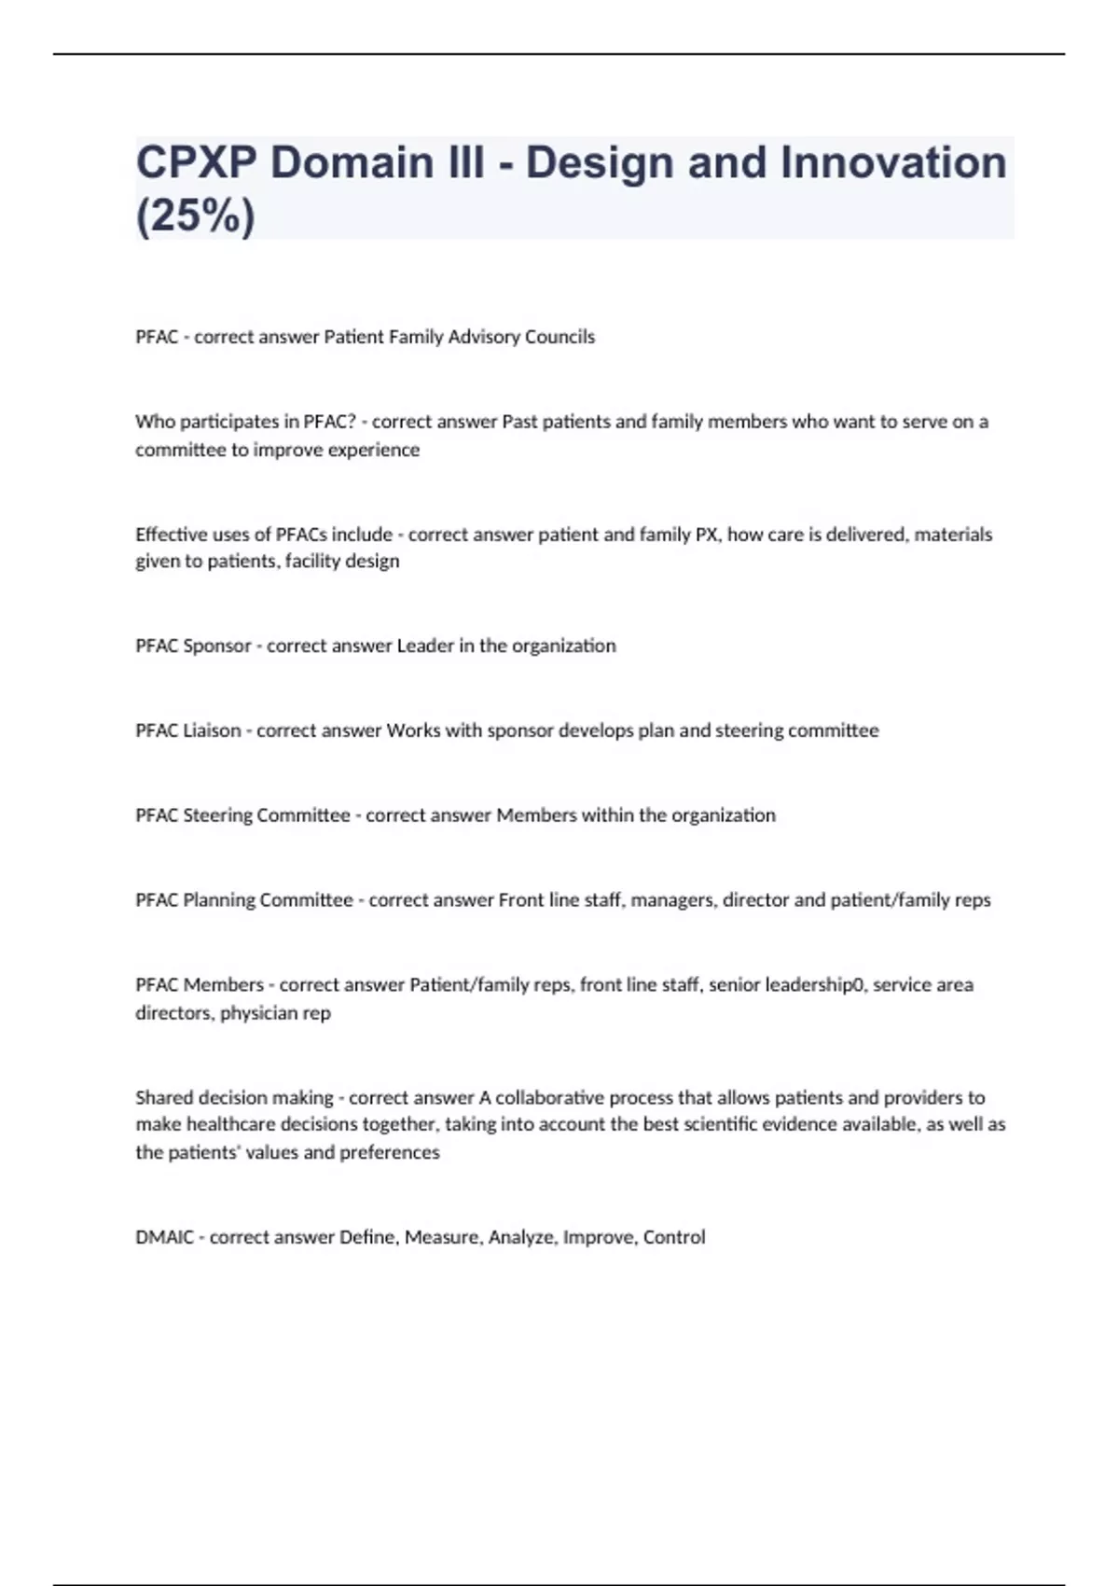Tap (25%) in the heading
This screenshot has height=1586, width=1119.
[195, 216]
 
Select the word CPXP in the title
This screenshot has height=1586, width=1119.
[196, 162]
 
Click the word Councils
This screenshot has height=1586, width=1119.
[559, 337]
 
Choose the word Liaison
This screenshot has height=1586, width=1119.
[212, 730]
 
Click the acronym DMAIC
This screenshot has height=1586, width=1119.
[164, 1237]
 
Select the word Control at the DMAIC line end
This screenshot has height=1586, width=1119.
[674, 1237]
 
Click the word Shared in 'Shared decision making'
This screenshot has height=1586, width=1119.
[161, 1097]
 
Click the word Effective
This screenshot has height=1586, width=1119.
[172, 535]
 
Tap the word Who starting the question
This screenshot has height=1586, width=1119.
[155, 422]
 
